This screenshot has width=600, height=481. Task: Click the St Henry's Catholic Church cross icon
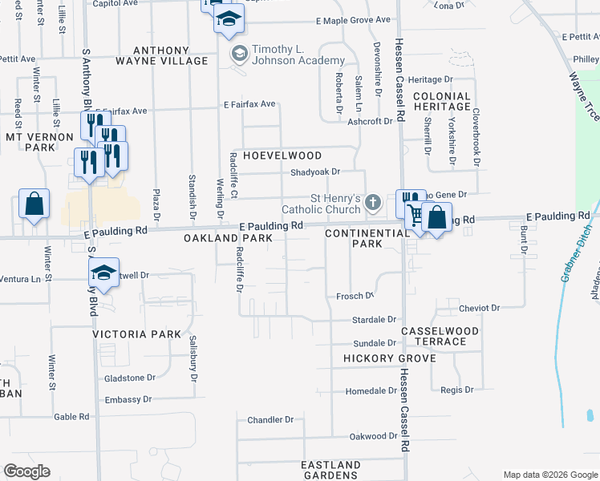372,203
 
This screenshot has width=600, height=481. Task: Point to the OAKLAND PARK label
224,239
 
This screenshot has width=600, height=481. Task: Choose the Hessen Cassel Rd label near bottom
405,410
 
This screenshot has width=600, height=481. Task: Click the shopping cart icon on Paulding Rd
416,215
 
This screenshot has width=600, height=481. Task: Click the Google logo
27,471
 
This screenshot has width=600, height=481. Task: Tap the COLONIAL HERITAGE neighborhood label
441,101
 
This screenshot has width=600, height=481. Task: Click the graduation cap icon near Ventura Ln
104,273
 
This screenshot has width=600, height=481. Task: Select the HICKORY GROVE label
389,358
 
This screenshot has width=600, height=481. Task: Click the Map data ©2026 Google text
550,475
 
